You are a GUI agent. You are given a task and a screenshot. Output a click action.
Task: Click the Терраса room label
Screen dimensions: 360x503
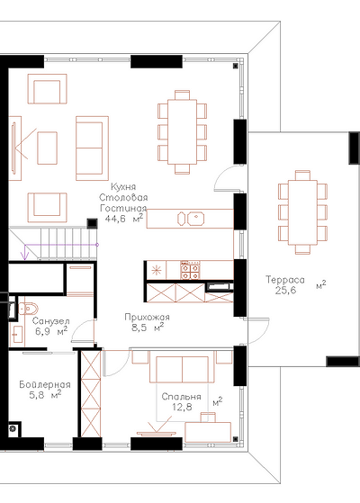[285, 280]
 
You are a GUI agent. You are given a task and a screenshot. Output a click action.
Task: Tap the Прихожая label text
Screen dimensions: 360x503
[147, 317]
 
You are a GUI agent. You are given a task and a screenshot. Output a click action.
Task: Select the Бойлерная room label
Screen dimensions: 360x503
[45, 384]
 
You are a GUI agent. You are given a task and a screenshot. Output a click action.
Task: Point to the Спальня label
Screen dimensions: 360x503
[181, 397]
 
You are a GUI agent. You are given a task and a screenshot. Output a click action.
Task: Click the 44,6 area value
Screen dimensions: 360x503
[115, 219]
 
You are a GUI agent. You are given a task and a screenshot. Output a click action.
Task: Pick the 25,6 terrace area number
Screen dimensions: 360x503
[285, 291]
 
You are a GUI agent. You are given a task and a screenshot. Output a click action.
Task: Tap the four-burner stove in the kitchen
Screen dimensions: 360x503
[191, 270]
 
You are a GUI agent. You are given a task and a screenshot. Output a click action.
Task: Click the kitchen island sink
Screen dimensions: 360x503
[196, 218]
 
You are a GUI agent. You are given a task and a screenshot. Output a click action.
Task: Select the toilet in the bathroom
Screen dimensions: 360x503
[28, 309]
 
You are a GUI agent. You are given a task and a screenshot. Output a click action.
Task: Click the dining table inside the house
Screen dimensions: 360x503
[182, 132]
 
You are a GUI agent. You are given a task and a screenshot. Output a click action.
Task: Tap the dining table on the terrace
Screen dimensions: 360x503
[302, 212]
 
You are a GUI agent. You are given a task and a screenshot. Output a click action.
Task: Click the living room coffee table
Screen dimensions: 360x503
[47, 148]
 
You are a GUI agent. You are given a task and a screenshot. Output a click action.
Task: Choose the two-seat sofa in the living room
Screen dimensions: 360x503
[93, 148]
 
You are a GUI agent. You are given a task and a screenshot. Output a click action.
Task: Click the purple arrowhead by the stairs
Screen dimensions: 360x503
[24, 256]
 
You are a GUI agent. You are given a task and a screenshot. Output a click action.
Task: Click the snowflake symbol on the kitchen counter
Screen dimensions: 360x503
[157, 270]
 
